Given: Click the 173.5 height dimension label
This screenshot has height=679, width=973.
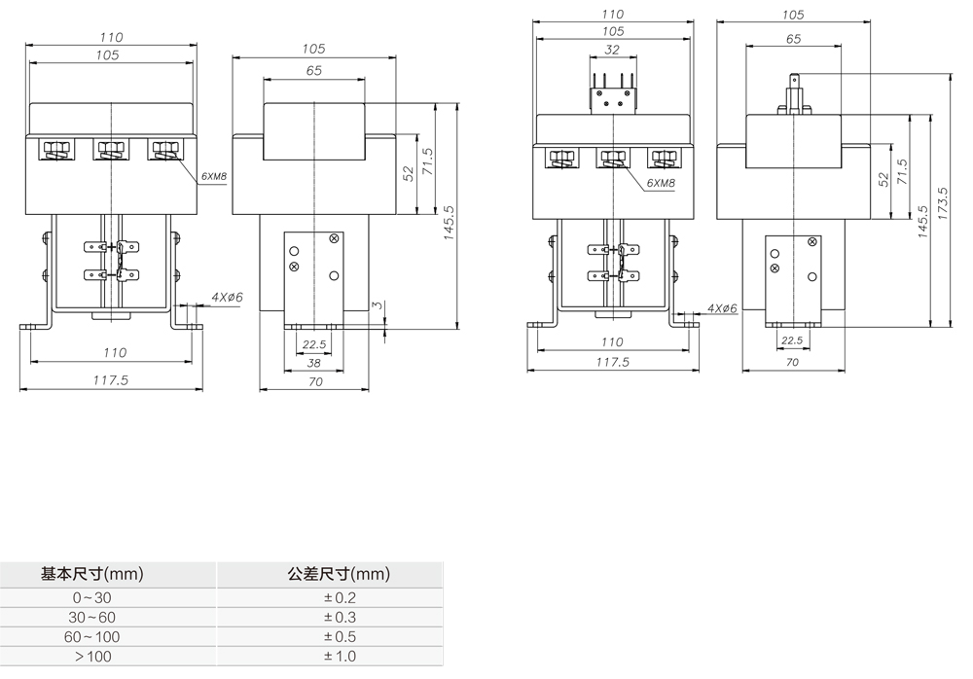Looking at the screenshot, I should click(942, 203).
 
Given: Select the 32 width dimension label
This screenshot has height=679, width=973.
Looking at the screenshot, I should click(612, 49).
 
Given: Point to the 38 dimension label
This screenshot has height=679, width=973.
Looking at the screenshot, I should click(314, 362).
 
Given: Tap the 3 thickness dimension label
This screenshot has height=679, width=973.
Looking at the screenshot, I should click(377, 307).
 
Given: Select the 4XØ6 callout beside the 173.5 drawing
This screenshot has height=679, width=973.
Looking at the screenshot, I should click(722, 308).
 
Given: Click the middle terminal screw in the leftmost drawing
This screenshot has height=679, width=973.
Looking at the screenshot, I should click(109, 151).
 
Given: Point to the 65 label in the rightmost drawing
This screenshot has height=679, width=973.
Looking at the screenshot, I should click(793, 39).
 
